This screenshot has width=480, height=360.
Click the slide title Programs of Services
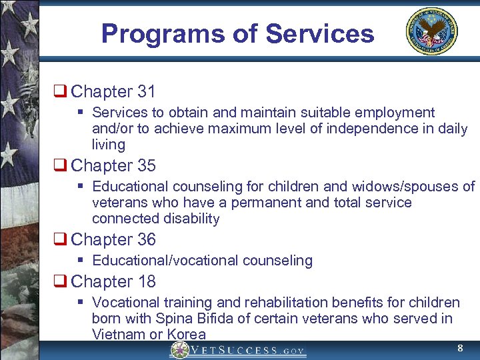point(237,33)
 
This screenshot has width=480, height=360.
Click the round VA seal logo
point(432,32)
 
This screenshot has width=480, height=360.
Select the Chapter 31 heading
point(113,91)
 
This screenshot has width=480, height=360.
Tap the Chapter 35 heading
point(113,165)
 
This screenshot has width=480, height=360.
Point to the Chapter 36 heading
point(113,239)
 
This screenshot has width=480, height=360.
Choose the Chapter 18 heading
point(113,281)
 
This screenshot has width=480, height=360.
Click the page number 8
point(459,348)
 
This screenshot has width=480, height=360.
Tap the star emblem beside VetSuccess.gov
point(179,350)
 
